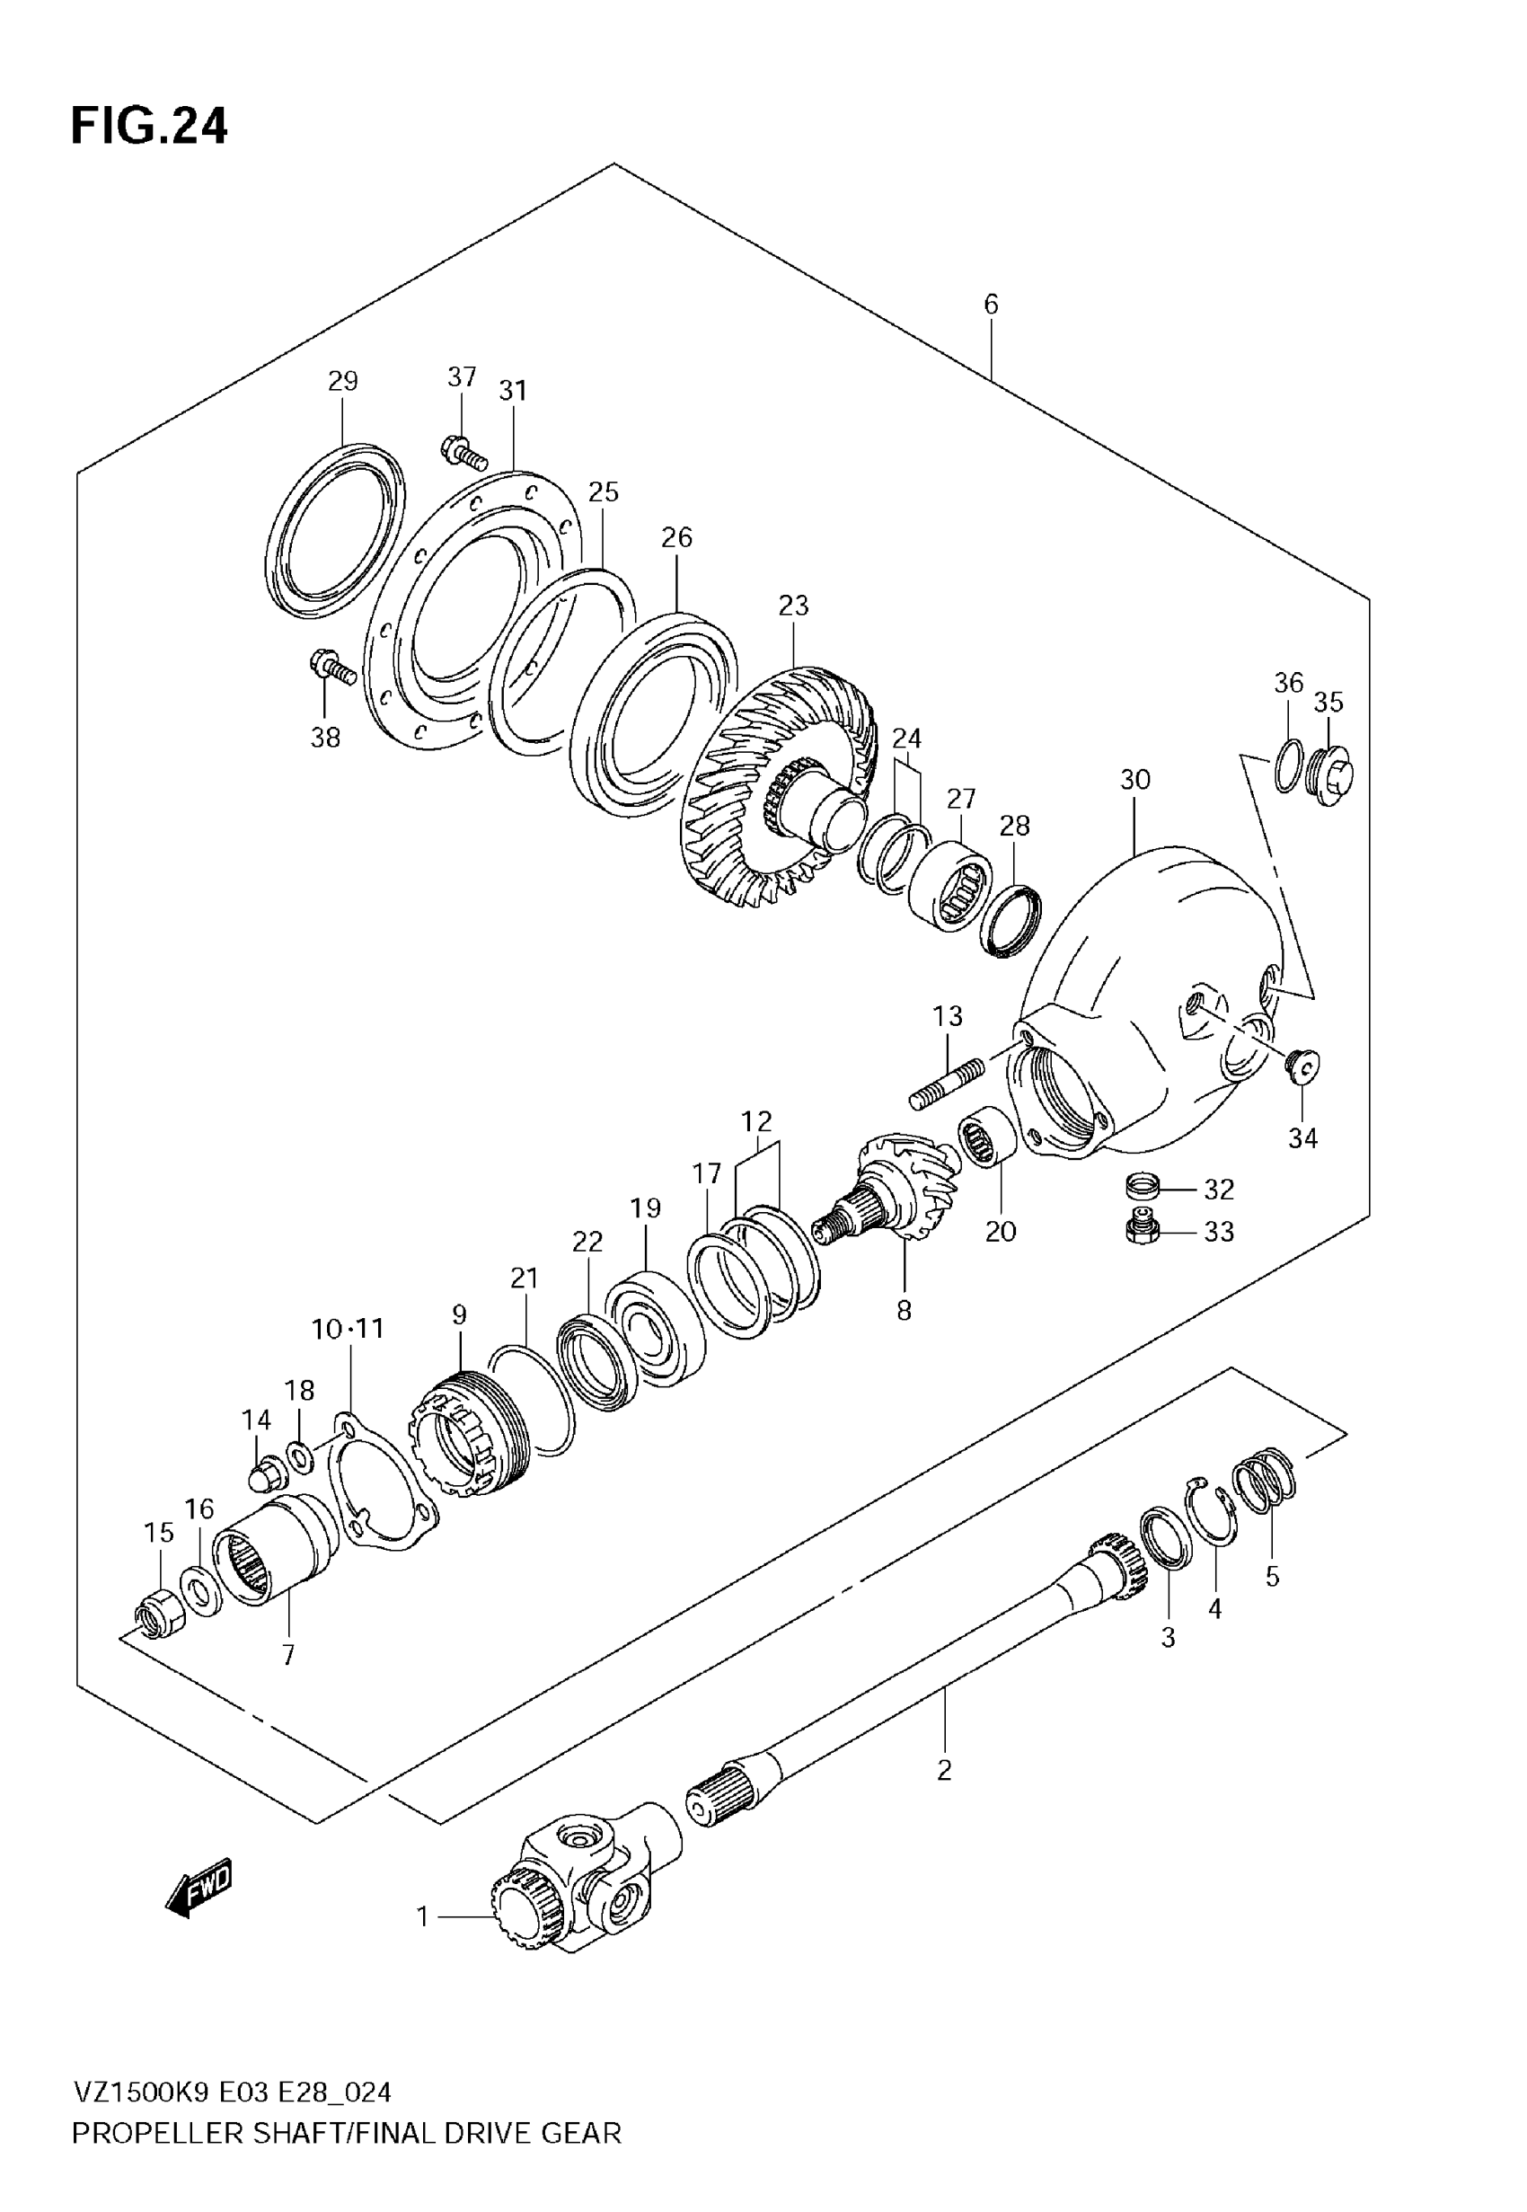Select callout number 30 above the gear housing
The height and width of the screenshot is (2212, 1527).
1134,780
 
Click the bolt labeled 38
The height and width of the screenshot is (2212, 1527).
332,666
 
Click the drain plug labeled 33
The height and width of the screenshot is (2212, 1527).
1143,1230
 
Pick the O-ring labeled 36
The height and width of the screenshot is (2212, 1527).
1288,765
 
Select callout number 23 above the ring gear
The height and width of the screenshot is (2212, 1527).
793,606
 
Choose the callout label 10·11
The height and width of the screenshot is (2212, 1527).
348,1328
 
